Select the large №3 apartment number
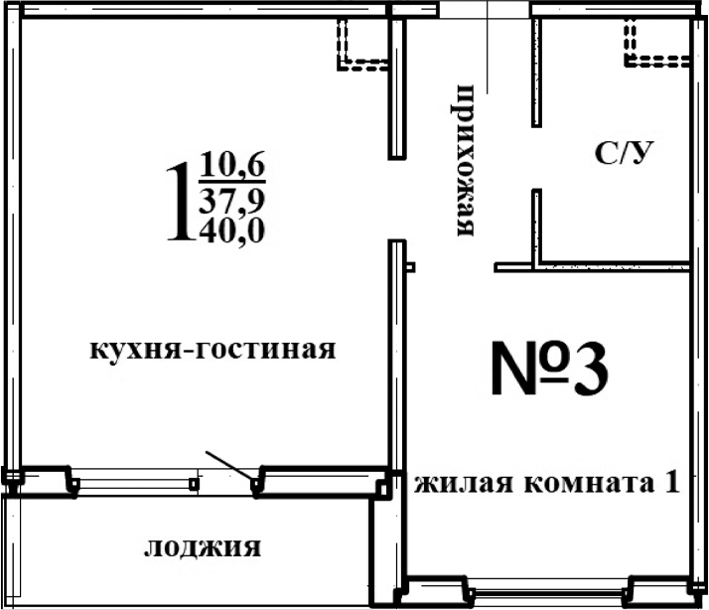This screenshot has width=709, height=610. coord(549,372)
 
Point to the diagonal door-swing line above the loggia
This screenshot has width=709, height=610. coord(227,466)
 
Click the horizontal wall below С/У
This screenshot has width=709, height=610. coord(592,266)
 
